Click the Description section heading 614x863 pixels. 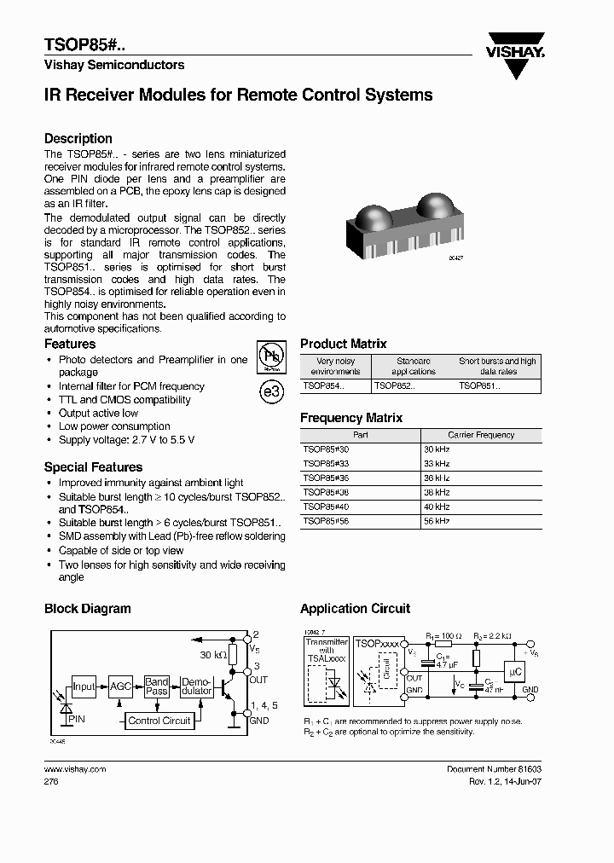pos(78,138)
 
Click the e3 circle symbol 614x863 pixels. pos(270,392)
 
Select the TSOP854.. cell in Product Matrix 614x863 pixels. pos(323,386)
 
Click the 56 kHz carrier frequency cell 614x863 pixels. pos(437,521)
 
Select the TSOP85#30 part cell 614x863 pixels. pos(326,449)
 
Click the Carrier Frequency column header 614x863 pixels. pos(482,435)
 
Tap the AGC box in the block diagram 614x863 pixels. pos(121,686)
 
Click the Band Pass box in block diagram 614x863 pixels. pos(157,686)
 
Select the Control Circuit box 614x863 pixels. pos(159,721)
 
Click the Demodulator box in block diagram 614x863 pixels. pos(196,686)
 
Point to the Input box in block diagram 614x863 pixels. pos(84,686)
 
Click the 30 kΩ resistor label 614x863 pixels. pos(212,655)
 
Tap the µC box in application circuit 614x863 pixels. pos(514,672)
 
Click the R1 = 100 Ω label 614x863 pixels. pos(443,636)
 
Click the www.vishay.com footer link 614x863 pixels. pos(74,769)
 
